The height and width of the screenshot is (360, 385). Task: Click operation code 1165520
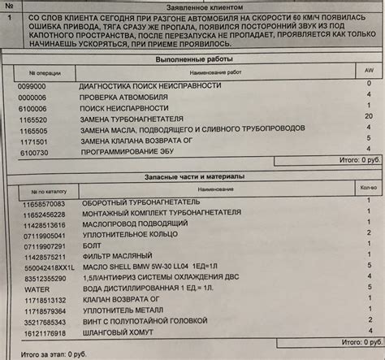pos(33,119)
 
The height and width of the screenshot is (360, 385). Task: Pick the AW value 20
pos(368,116)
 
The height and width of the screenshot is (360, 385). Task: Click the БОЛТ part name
pos(92,245)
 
